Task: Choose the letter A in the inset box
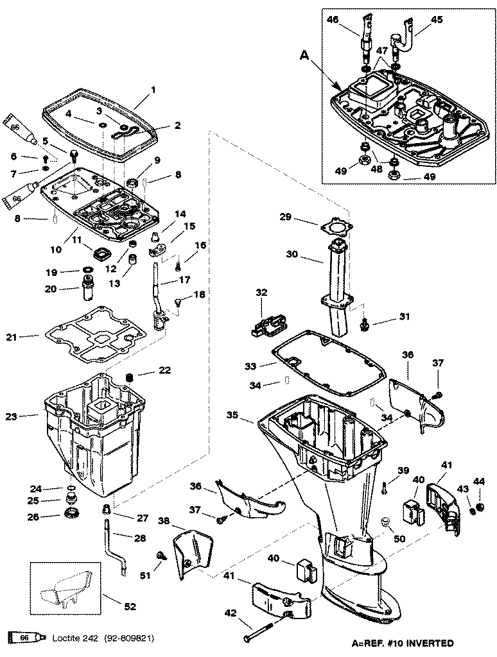(304, 56)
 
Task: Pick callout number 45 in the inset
(437, 19)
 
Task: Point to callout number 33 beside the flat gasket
(250, 366)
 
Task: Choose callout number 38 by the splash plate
(163, 522)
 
